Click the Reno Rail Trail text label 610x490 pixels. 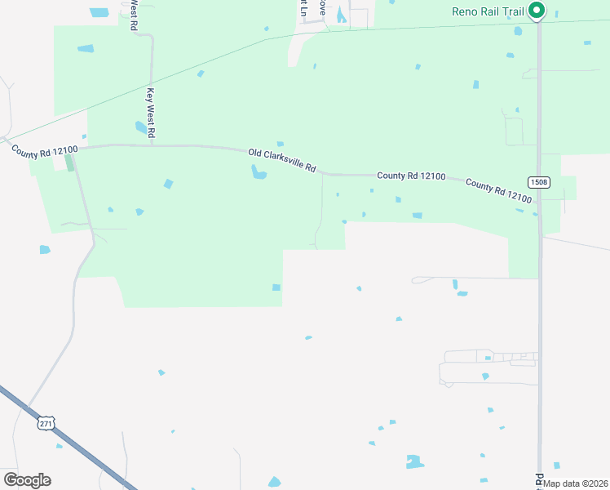(488, 11)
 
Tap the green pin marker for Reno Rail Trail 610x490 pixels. (537, 11)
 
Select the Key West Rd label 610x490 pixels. (151, 112)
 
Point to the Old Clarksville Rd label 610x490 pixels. (282, 159)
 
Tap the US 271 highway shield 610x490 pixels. (46, 424)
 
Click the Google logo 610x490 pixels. (27, 479)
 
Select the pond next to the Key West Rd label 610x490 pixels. (140, 127)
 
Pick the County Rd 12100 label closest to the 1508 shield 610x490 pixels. (498, 192)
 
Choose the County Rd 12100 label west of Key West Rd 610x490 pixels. (44, 150)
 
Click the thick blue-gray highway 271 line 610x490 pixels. (73, 444)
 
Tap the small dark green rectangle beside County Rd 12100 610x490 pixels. (69, 163)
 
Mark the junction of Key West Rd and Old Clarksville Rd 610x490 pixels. (152, 146)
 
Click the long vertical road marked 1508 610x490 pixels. (539, 327)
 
